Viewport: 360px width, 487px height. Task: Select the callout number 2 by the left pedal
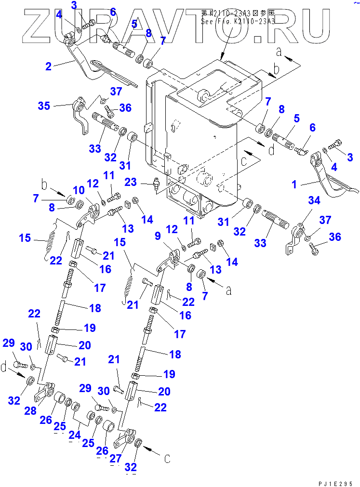tap(48, 66)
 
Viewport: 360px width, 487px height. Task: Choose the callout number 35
tap(44, 105)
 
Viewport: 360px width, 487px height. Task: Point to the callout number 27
tap(114, 459)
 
